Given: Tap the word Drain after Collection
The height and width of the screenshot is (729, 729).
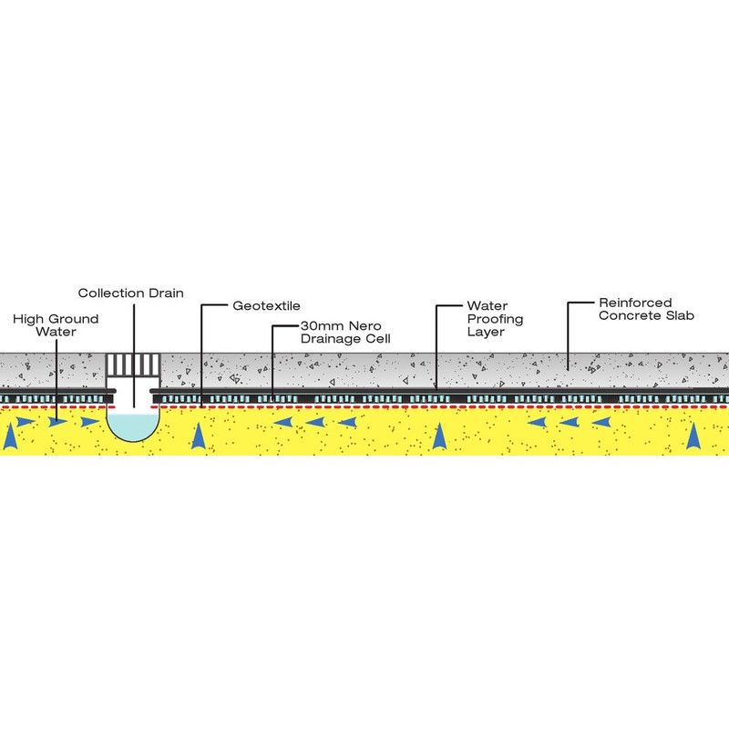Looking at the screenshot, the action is [166, 293].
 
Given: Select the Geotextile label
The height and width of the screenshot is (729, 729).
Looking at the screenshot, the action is [266, 306].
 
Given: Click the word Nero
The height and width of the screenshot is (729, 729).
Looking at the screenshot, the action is [364, 325].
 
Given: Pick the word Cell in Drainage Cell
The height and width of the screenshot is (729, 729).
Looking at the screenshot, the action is [379, 338].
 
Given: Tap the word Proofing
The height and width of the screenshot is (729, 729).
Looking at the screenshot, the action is [495, 320].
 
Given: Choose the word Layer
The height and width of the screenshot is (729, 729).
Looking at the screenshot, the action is [486, 332].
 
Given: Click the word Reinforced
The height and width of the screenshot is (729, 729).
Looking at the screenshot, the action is [635, 303].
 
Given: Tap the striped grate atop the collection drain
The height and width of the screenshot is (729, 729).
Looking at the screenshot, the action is [133, 364].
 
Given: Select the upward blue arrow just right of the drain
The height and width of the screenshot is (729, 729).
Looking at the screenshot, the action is [199, 436].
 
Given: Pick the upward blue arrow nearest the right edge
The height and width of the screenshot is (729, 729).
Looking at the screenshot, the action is [693, 436].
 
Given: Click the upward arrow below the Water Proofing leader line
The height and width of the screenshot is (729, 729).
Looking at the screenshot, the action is [439, 436].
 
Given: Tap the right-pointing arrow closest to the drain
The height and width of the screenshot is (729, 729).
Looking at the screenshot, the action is [90, 422].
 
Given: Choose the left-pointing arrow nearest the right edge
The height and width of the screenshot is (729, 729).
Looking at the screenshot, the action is [601, 422].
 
